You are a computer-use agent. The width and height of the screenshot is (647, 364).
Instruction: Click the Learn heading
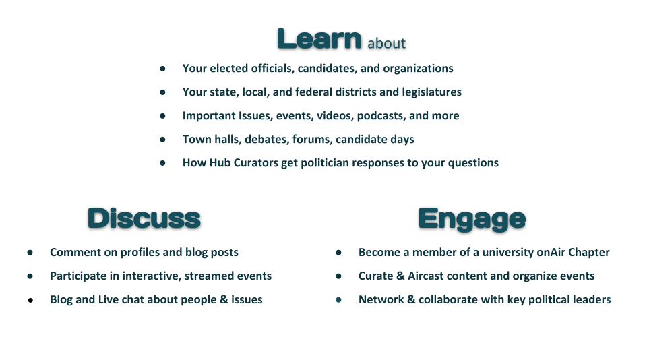(319, 39)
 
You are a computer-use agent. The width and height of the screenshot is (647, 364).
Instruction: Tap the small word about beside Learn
(387, 43)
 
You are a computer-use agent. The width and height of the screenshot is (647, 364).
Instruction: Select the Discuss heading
(144, 218)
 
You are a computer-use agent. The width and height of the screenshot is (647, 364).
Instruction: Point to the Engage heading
(472, 220)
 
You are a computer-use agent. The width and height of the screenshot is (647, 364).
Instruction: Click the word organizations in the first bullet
(418, 69)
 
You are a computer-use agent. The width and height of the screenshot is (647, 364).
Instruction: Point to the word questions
(473, 163)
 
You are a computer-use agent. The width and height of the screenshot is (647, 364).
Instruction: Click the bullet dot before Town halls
(162, 140)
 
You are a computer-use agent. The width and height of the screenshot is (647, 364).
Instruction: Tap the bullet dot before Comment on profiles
(30, 253)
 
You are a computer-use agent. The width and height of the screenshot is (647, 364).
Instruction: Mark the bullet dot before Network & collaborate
(339, 300)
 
